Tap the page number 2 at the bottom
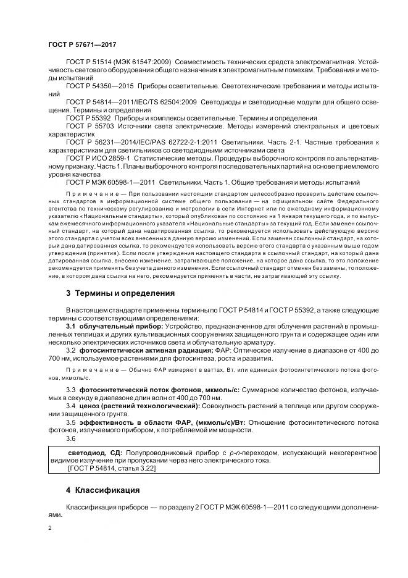click(x=49, y=528)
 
